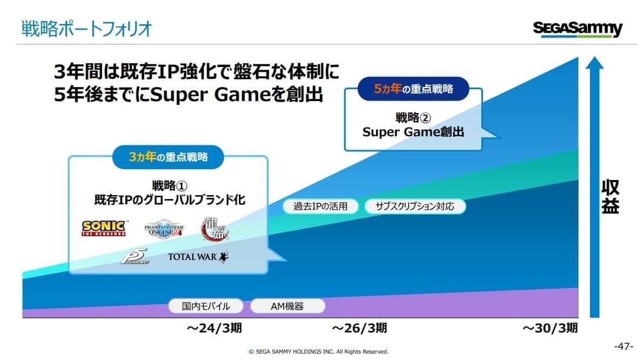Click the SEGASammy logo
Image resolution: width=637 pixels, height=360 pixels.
(x=577, y=29)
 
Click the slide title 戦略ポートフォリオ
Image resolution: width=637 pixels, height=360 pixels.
(x=86, y=29)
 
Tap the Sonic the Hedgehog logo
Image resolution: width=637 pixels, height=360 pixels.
(x=104, y=228)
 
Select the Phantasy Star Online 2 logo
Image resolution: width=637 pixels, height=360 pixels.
(x=164, y=230)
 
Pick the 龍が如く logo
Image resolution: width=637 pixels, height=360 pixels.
(x=214, y=229)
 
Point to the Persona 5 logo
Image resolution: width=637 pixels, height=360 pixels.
(x=135, y=256)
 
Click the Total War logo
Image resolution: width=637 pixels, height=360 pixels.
(x=198, y=257)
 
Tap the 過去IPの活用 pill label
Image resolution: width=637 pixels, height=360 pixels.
(x=320, y=206)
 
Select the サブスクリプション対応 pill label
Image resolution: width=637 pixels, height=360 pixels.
(x=415, y=206)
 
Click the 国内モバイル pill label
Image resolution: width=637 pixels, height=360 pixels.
(x=206, y=306)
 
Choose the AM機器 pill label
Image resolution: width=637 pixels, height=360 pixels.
(x=287, y=306)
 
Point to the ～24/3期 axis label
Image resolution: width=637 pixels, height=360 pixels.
(x=214, y=328)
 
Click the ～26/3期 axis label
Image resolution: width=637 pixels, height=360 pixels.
(x=359, y=328)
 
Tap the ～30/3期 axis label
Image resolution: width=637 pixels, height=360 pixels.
(x=549, y=328)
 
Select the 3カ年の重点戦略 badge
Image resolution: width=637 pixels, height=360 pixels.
(x=168, y=157)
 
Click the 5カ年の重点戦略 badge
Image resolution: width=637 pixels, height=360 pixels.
(x=413, y=89)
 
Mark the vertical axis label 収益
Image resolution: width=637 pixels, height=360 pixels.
(x=610, y=196)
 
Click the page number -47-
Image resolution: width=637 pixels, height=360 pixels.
(x=623, y=346)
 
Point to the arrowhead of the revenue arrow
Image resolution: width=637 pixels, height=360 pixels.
(x=594, y=63)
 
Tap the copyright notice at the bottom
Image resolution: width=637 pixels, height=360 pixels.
(x=319, y=351)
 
